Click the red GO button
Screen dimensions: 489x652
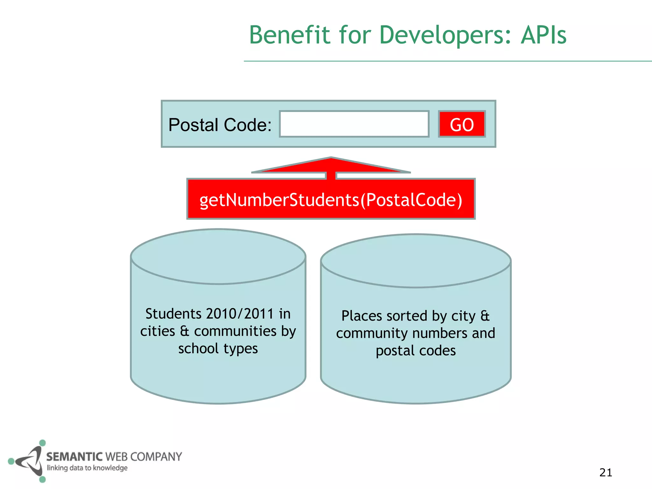pos(462,124)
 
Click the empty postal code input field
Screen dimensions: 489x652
pos(354,124)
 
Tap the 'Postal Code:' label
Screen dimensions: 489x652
pos(220,125)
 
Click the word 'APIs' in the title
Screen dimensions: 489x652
pos(544,35)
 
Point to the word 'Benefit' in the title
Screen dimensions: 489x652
pos(290,35)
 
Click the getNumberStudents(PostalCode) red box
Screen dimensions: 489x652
pos(331,200)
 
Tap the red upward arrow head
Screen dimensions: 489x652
pos(331,165)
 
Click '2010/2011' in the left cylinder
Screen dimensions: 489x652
pos(240,314)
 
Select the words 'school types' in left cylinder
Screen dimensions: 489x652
pos(218,349)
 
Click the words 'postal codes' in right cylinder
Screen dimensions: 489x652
pos(416,351)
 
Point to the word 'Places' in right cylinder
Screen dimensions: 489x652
pos(362,316)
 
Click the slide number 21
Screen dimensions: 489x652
pos(606,472)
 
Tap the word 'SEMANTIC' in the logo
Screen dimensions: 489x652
pos(74,457)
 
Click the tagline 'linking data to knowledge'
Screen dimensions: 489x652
pos(87,468)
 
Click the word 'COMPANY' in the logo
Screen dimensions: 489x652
pos(156,457)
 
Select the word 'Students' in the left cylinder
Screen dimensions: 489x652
pos(174,314)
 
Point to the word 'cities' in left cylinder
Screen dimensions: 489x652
pos(158,331)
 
